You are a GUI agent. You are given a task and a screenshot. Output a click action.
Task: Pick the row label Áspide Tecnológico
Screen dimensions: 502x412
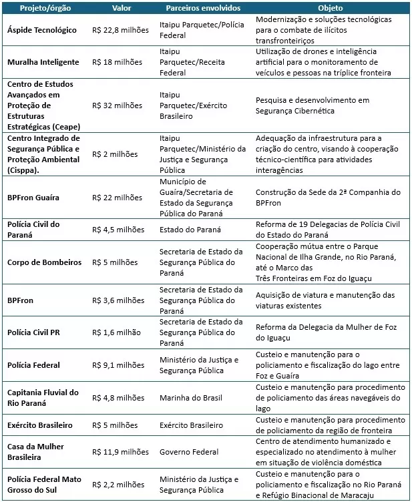(41, 30)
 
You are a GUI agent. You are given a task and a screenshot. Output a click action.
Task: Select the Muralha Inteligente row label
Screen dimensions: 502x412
(43, 62)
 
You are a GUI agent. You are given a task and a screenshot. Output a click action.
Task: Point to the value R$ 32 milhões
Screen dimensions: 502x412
(117, 105)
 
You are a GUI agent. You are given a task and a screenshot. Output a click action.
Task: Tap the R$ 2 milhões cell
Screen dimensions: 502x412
(115, 154)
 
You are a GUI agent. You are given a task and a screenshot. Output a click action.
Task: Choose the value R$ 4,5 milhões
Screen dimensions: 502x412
(118, 229)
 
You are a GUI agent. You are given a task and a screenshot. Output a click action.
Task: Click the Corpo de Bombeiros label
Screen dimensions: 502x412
(44, 262)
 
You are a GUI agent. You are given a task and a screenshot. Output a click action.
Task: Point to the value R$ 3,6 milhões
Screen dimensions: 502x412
(118, 300)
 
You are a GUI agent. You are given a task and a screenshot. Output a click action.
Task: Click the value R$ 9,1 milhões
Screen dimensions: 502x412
(118, 364)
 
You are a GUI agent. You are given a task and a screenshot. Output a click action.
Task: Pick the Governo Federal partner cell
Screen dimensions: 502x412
(188, 452)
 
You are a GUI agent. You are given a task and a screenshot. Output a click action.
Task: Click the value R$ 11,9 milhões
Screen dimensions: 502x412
(120, 452)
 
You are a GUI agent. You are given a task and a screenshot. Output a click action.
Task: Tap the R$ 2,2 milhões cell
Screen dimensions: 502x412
(118, 485)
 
